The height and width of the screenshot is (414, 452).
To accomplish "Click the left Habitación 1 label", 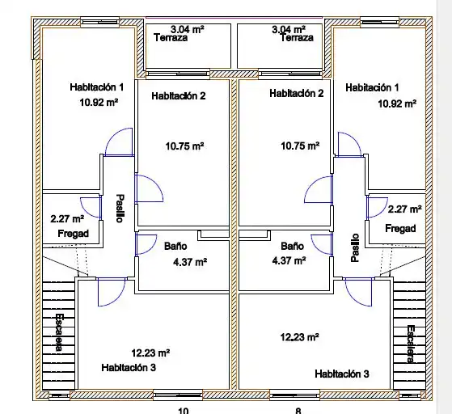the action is tap(97, 87).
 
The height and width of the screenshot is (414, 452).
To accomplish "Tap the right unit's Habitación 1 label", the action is tap(372, 87).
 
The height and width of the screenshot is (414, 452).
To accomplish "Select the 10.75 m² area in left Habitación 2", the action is tap(185, 146).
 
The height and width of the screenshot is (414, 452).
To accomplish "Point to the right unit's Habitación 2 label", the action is tap(297, 94).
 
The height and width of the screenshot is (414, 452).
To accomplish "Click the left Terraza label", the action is tap(171, 38).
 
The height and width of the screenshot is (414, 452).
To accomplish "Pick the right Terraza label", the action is tap(297, 38).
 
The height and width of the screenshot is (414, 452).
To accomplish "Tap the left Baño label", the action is tap(175, 246).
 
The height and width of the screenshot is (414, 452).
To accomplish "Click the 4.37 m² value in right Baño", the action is tap(289, 260).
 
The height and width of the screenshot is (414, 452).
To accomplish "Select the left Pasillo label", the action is tap(120, 208).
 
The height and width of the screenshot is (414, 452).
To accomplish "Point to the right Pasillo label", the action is tap(355, 248).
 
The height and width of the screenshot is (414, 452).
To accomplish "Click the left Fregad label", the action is tap(74, 233).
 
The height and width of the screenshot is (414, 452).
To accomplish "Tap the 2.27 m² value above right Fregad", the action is tap(405, 209).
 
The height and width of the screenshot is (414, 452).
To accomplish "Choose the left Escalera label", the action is tap(59, 332).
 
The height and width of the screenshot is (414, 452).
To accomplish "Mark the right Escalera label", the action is tap(411, 344).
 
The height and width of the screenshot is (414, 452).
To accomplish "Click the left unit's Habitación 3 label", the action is tap(129, 368).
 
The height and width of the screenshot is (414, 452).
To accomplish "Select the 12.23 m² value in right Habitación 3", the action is tap(299, 337).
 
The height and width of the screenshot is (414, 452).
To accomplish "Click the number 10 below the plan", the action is tap(184, 411).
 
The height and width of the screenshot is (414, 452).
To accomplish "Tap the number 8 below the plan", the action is tap(298, 411).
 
